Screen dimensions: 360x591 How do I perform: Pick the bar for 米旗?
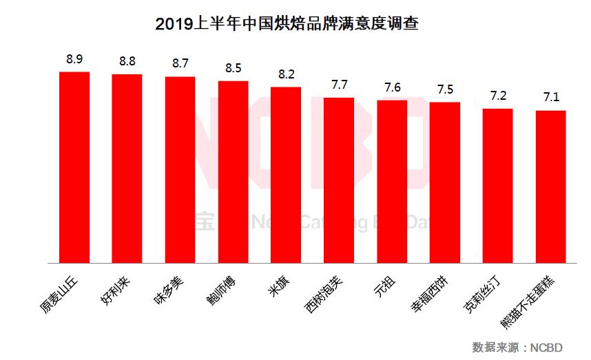286,175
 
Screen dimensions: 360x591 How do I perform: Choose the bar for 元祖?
392,182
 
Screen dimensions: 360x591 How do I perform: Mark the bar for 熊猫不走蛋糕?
550,187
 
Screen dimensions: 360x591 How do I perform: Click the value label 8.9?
74,60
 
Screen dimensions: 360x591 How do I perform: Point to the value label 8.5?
234,69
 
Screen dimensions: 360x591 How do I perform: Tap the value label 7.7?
339,85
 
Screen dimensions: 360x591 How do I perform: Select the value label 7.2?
497,96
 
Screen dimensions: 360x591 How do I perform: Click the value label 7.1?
550,98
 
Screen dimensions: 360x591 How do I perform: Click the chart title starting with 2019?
287,24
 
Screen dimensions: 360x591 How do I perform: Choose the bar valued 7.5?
445,182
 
